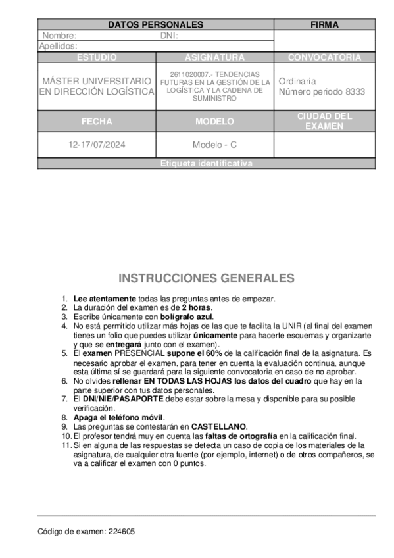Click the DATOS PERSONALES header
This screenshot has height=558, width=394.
pos(155,25)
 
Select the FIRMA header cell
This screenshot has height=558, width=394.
pos(324,25)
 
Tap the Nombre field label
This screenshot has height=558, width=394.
pos(59,36)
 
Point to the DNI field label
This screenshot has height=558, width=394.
pos(169,36)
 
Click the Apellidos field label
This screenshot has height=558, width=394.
pos(59,46)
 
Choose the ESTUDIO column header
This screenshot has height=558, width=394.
pos(97,57)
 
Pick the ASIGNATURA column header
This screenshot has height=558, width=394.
pos(214,57)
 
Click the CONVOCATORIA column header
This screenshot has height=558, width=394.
pos(324,57)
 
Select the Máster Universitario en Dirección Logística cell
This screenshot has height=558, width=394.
pos(97,86)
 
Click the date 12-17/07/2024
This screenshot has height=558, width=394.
pos(97,144)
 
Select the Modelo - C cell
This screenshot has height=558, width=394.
pos(214,144)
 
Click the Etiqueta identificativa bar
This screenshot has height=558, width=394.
pos(206,164)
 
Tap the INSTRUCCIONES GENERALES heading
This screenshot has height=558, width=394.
pos(206,278)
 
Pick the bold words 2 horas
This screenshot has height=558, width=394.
pos(197,307)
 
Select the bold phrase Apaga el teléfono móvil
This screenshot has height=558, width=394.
pos(118,417)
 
